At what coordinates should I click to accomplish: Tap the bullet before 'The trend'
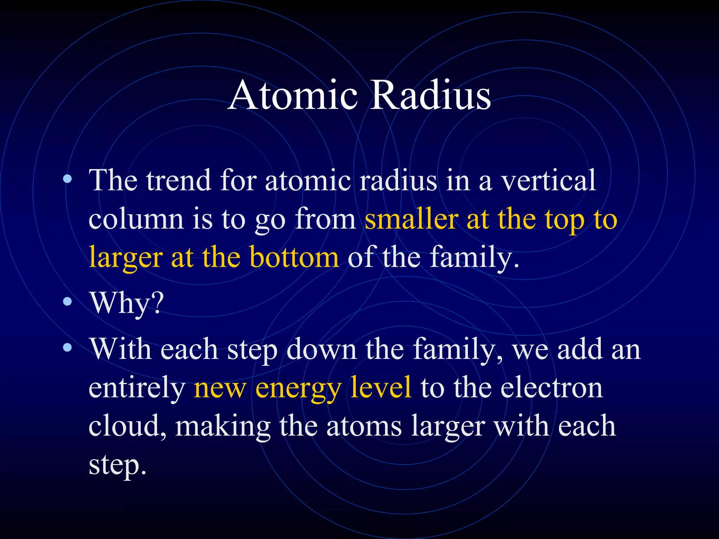click(x=67, y=180)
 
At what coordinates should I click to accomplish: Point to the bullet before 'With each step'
click(x=67, y=348)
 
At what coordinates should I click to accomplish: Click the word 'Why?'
click(x=127, y=303)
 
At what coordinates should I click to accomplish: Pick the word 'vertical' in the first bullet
click(x=548, y=180)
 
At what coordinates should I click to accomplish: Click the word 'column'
click(x=136, y=219)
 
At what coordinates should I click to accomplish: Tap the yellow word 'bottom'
click(x=294, y=257)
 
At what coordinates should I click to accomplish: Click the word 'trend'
click(x=179, y=180)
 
